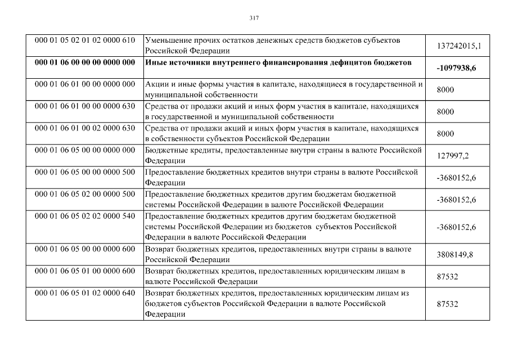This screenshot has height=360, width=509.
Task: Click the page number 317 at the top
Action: coord(254,18)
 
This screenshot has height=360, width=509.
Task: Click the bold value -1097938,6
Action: coord(456,67)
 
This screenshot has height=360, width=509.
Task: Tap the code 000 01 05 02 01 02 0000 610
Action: coord(85,40)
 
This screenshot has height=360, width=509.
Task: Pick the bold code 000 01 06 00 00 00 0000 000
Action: coord(85,62)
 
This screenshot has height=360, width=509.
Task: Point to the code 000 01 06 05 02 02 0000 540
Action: coord(85,216)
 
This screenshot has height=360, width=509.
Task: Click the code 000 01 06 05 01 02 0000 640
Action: coord(85,293)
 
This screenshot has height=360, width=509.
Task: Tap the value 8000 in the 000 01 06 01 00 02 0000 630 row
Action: coord(445,133)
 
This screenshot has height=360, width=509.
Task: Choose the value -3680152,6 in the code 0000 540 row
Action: coord(456,227)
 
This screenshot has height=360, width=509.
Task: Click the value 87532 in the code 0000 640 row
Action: coord(447,304)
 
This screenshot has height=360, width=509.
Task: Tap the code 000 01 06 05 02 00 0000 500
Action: coord(85,194)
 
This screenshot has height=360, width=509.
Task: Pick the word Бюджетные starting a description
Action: coord(165,150)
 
